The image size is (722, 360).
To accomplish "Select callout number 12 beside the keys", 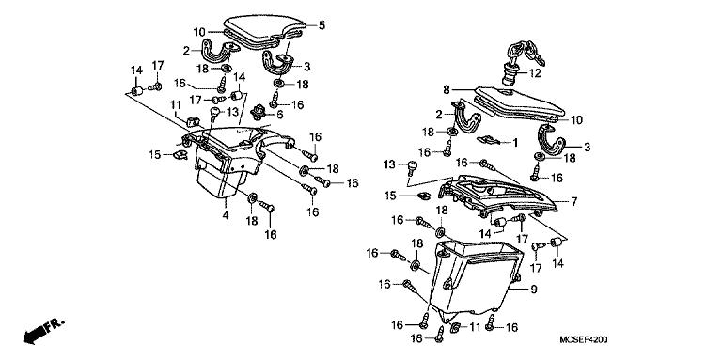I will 535,73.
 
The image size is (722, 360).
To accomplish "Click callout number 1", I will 514,142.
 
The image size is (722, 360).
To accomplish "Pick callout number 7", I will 573,201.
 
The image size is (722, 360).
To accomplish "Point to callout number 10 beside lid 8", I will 577,120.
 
